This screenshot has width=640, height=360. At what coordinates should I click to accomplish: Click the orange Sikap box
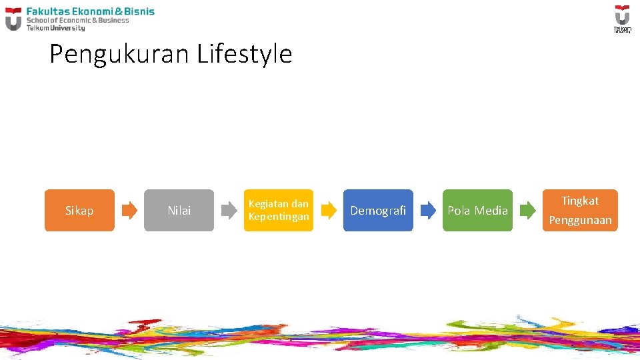point(79,211)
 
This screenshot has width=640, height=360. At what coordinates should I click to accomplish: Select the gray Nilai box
point(179,211)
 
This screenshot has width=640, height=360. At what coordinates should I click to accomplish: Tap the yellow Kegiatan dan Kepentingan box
point(278,211)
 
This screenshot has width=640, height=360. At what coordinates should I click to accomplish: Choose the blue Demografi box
point(378,211)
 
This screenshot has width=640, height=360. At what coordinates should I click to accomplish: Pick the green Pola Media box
point(477,211)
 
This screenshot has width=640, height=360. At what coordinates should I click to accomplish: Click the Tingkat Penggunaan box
point(580,211)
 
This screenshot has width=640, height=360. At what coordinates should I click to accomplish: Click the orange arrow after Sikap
point(129,211)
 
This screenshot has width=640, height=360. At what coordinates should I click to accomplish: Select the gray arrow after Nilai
point(229,211)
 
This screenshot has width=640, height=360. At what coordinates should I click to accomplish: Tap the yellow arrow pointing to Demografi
point(329,211)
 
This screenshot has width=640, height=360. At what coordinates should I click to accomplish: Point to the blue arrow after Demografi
point(428,211)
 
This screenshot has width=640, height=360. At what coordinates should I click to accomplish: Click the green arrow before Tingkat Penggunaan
point(527,211)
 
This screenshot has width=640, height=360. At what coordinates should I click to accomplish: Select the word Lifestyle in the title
point(245,54)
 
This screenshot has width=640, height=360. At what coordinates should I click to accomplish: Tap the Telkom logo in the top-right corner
point(621,18)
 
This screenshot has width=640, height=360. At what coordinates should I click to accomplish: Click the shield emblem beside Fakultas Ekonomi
point(13,19)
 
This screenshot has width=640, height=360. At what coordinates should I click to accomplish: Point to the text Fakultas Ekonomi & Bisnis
point(90,11)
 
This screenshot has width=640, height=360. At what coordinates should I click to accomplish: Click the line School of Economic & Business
point(77,20)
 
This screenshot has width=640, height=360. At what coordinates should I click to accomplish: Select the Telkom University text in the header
point(55,28)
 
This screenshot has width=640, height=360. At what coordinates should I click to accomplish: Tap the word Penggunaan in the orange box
point(580,220)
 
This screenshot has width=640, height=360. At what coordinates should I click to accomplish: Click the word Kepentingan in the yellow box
point(279,217)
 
